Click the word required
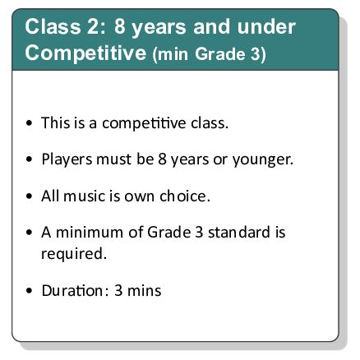75,253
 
